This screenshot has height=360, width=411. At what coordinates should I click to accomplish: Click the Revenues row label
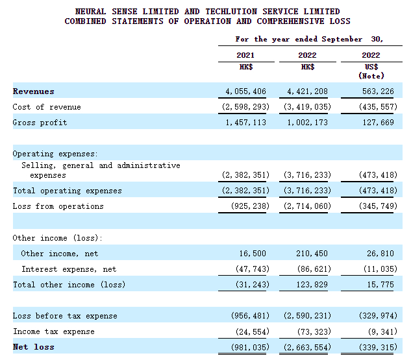point(33,91)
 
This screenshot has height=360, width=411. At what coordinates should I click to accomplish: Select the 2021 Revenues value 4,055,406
point(244,91)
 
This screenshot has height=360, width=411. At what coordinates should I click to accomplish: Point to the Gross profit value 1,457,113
point(244,123)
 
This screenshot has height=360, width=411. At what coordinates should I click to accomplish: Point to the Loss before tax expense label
point(65,316)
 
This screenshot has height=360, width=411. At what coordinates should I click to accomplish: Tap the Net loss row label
point(33,347)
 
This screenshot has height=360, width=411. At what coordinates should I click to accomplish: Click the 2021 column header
point(245,56)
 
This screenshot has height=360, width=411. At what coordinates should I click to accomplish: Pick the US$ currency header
point(372,67)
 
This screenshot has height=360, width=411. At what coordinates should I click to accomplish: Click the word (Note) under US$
point(372,76)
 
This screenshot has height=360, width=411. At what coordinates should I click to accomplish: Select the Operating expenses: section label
point(55,154)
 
